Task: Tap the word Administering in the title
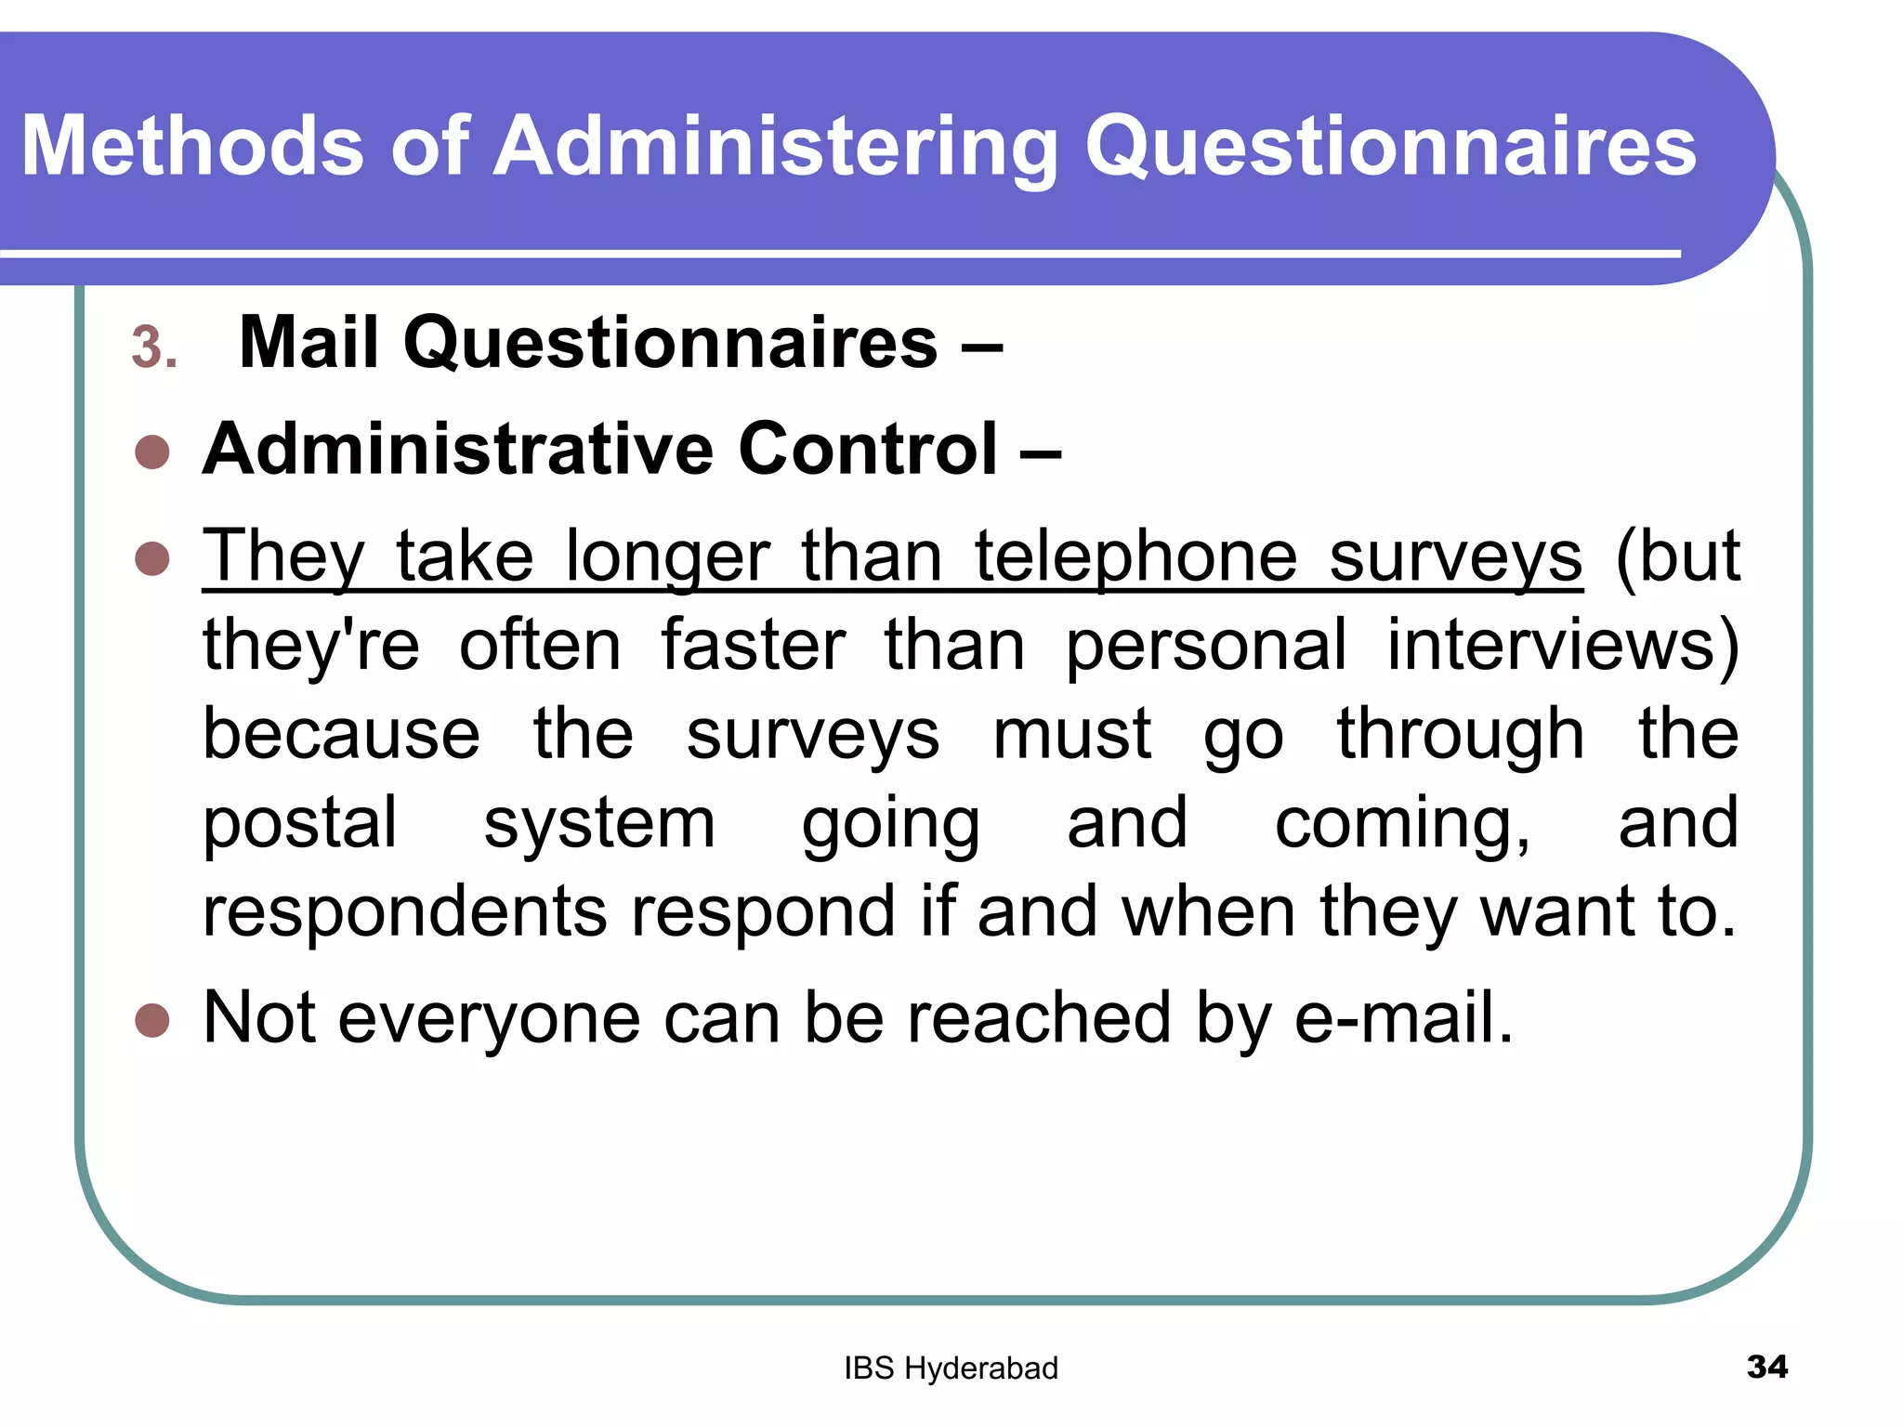[776, 146]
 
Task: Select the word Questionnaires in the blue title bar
[1390, 146]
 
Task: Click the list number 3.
[153, 347]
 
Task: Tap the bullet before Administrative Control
[152, 453]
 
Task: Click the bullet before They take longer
[152, 559]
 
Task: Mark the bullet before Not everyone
[152, 1020]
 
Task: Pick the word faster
[753, 645]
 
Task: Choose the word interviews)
[1562, 645]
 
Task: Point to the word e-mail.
[1403, 1018]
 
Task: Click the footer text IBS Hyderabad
[951, 1368]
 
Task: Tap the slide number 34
[1766, 1367]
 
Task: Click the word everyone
[489, 1018]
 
